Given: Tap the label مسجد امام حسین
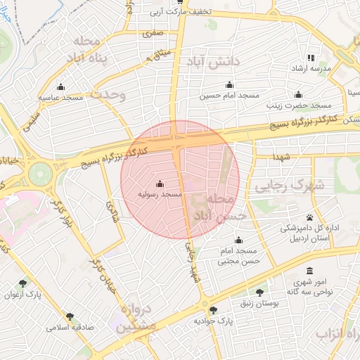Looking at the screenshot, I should click(x=230, y=95).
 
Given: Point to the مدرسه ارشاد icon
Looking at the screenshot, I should click(x=311, y=58).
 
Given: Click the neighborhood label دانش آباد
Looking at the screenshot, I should click(x=213, y=63).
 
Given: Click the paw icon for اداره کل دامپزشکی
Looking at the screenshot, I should click(x=309, y=217).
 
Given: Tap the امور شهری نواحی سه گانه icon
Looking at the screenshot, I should click(x=309, y=271).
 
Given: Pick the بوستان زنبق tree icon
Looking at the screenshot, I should click(x=259, y=292).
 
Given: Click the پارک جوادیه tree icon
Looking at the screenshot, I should click(x=213, y=309).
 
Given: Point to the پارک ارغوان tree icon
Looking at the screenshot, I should click(x=23, y=284).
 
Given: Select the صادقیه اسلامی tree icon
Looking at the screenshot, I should click(x=69, y=317).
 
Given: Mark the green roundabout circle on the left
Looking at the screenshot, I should click(x=40, y=172).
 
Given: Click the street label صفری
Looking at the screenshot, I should click(x=153, y=32).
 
